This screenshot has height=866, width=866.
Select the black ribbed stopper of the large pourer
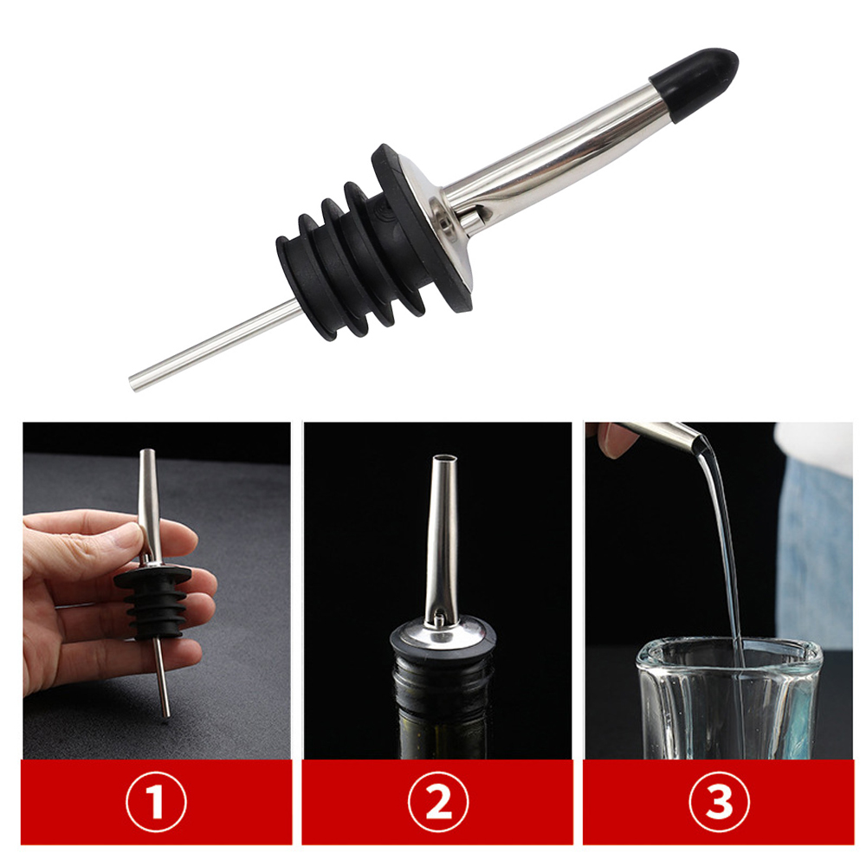pyautogui.click(x=373, y=245)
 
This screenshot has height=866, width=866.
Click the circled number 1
pyautogui.click(x=156, y=802)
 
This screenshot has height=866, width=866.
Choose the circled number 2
pyautogui.click(x=438, y=802)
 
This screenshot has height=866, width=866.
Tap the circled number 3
pyautogui.click(x=719, y=802)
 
